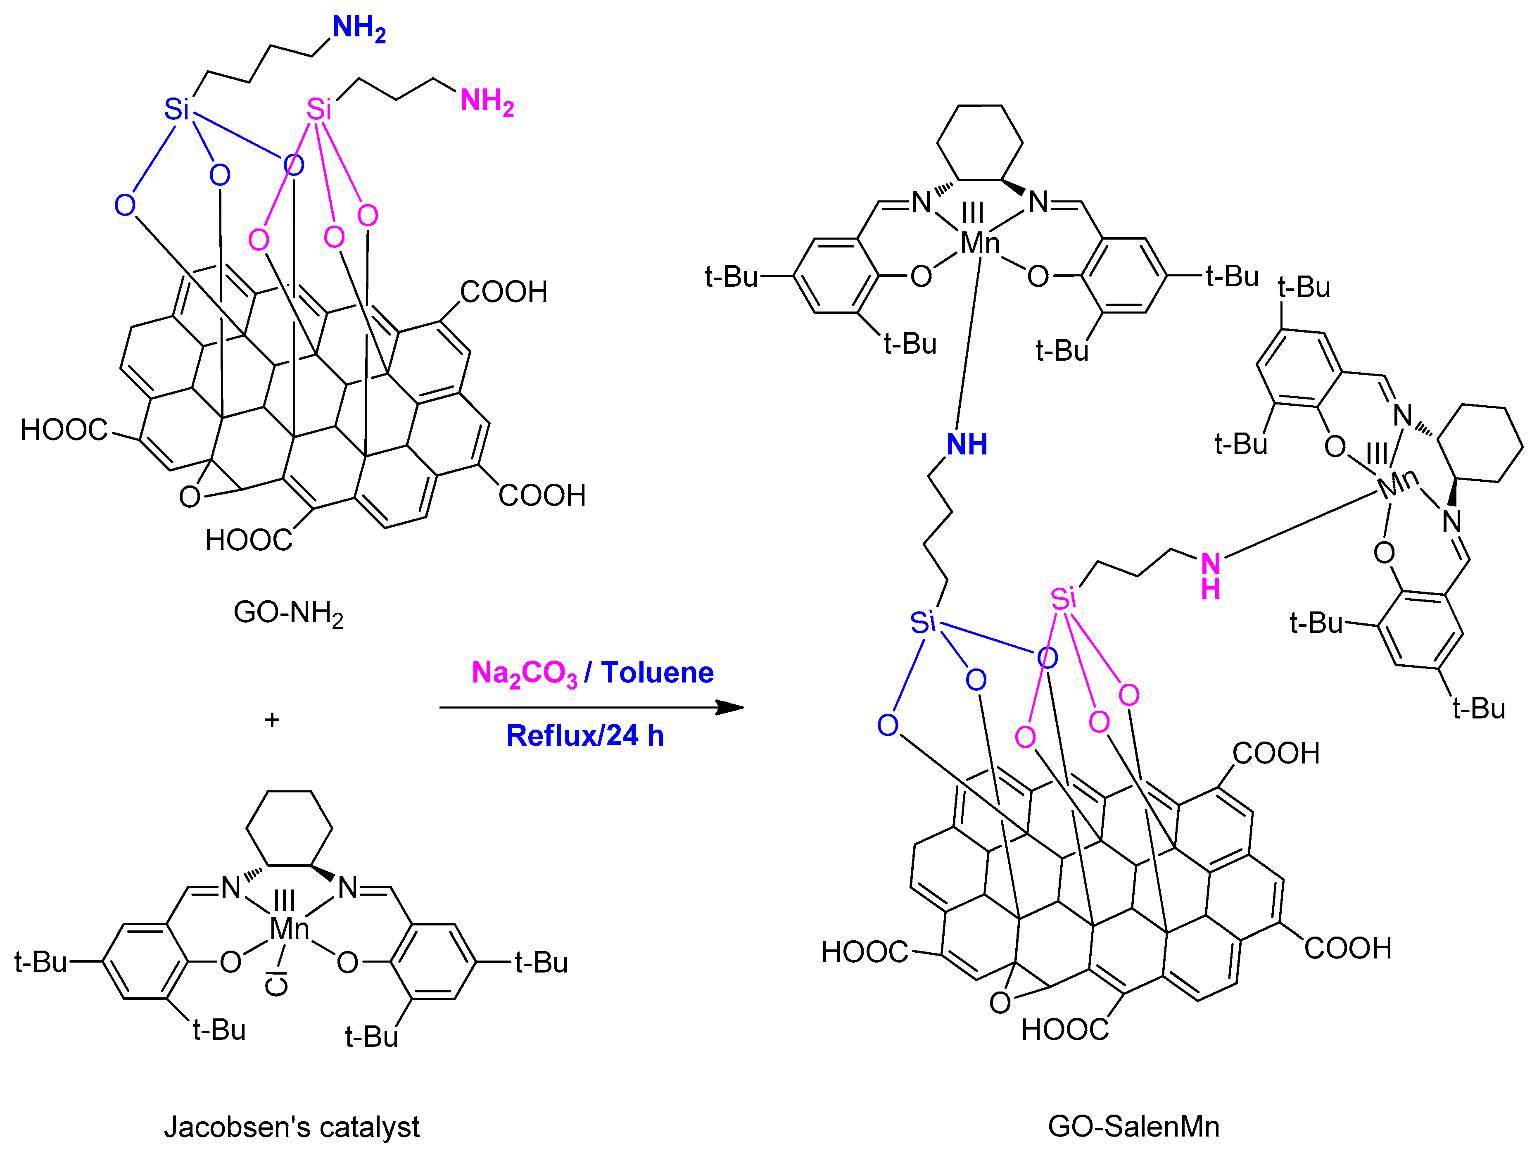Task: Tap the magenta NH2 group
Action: click(x=487, y=102)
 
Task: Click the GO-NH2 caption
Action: click(x=288, y=613)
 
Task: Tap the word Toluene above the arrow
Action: click(x=657, y=673)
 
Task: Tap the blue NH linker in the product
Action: click(x=967, y=445)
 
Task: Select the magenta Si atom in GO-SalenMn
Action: click(x=1063, y=598)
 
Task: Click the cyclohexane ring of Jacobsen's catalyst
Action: click(x=289, y=828)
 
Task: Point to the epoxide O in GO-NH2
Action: click(x=189, y=497)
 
